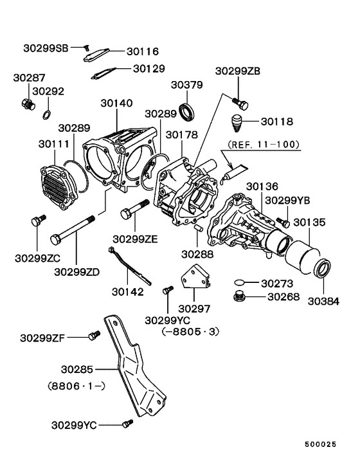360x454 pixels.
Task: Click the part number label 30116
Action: click(142, 51)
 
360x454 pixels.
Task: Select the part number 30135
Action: click(309, 222)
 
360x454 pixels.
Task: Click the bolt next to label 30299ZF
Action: click(94, 336)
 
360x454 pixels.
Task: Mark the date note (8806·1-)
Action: click(76, 387)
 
